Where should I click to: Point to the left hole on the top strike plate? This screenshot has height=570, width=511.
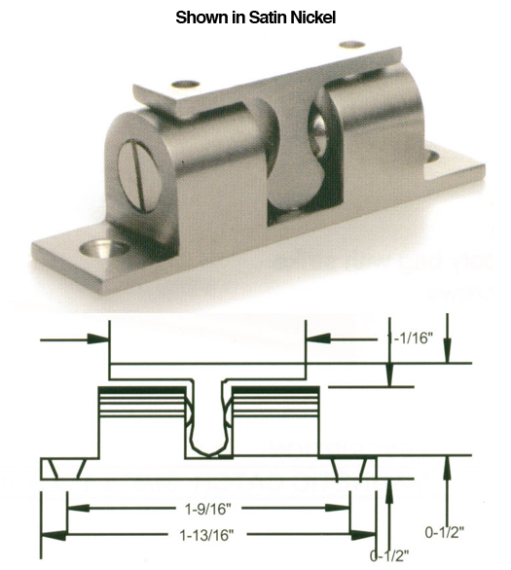click(185, 86)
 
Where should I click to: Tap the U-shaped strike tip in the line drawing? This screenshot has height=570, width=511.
click(208, 443)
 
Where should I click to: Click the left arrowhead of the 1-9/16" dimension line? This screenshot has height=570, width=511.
click(71, 507)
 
